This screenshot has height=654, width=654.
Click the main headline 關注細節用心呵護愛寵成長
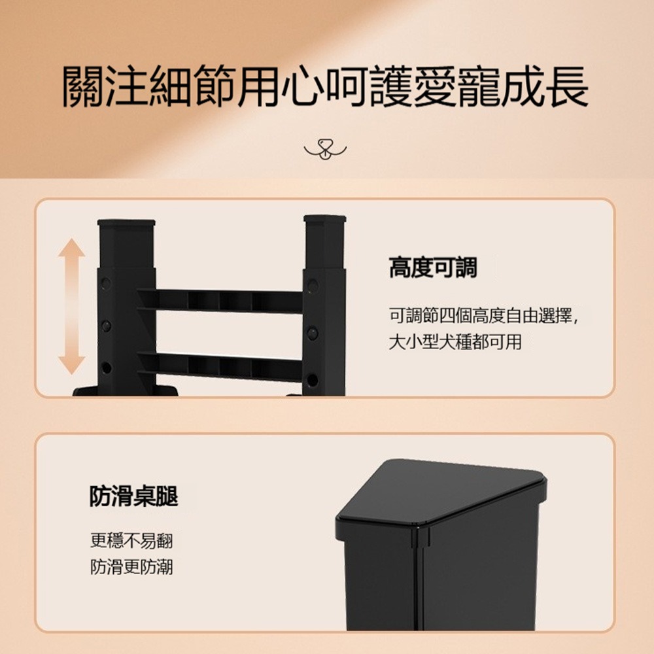(325, 85)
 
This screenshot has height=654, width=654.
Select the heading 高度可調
(433, 267)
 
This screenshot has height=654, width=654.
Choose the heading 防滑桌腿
(133, 497)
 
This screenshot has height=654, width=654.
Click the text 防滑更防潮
(131, 566)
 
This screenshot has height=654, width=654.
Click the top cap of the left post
(126, 222)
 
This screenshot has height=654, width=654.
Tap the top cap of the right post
(324, 219)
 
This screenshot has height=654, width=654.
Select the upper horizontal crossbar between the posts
(220, 300)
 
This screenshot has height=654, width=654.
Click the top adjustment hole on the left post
(106, 283)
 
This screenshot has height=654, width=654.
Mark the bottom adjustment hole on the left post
(106, 368)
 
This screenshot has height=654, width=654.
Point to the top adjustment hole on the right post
(313, 285)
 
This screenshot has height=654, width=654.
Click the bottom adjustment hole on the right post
(312, 379)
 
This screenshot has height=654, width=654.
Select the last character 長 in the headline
(566, 85)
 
